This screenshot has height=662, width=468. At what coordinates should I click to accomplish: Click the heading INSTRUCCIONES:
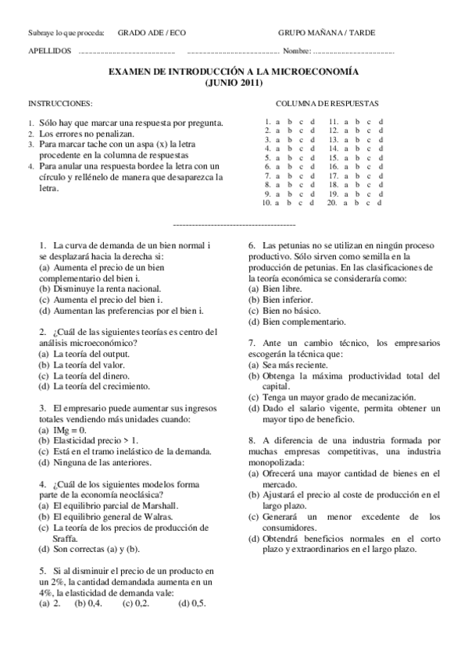pos(60,104)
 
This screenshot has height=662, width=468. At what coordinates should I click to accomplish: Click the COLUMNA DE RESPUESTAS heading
pos(327,104)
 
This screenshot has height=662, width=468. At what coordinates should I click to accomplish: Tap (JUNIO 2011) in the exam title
pos(233,82)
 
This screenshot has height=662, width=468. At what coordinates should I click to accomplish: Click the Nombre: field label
pos(297,51)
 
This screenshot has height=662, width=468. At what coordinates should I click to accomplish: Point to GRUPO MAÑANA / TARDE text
pos(327,33)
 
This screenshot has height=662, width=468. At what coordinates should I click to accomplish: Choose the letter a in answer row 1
pos(278,122)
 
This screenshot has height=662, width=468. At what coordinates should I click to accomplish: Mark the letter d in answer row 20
pos(380,202)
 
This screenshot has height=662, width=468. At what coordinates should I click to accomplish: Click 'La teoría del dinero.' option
pos(92,375)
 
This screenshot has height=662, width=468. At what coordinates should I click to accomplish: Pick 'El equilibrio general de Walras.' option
pos(105,517)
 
